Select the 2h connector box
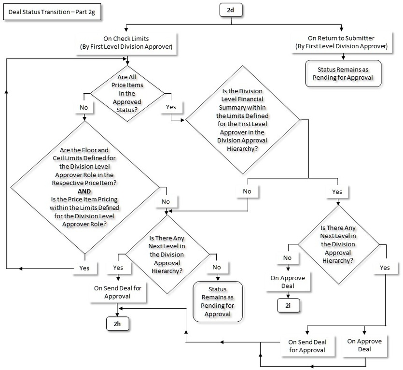117,324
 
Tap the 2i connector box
288,305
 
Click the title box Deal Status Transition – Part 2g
53,13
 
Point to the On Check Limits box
127,43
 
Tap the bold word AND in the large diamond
84,191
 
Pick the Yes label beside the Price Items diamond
171,106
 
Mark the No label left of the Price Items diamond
84,106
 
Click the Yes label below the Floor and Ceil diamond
84,268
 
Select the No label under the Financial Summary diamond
247,192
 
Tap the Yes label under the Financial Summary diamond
337,192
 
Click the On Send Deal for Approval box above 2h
117,292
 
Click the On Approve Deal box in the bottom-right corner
365,345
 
